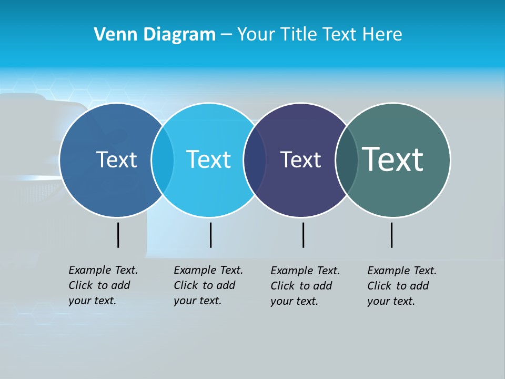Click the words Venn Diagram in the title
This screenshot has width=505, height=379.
click(x=155, y=35)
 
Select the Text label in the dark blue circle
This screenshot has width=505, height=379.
click(x=116, y=159)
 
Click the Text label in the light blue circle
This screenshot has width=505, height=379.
click(x=209, y=159)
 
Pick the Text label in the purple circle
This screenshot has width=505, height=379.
click(x=300, y=160)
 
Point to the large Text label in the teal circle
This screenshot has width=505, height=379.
click(x=393, y=159)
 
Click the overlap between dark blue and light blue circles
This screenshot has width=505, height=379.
click(x=163, y=159)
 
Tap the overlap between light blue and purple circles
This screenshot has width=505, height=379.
click(x=255, y=160)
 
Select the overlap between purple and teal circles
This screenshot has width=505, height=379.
click(x=347, y=160)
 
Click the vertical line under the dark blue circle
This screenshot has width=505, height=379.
click(x=118, y=235)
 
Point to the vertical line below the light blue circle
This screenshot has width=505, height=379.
click(x=210, y=235)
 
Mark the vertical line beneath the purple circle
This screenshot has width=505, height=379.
click(x=303, y=235)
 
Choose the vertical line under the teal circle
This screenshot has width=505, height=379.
click(x=391, y=235)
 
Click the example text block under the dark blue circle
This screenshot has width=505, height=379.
click(x=103, y=285)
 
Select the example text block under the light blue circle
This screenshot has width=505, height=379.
click(x=208, y=285)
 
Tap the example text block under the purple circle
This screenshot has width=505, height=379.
click(x=305, y=286)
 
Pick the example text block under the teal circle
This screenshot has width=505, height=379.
click(x=401, y=286)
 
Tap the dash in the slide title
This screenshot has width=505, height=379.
click(x=226, y=35)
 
